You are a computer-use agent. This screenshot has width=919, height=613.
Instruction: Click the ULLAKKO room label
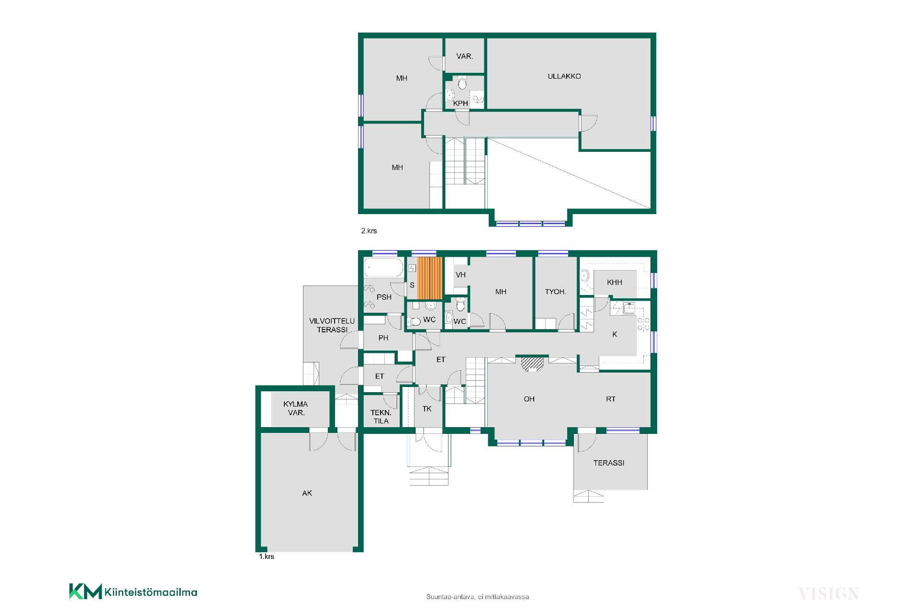(564, 76)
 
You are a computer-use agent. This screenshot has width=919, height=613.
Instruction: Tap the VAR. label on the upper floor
(465, 57)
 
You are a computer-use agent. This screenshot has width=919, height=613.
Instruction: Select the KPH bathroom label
(460, 103)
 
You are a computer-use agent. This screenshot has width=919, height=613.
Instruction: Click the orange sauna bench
(429, 278)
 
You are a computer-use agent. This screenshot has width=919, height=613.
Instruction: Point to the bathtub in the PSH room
(384, 268)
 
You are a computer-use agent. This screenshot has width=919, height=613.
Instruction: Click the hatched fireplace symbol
(532, 364)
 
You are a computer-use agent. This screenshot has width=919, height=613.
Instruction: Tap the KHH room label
(615, 283)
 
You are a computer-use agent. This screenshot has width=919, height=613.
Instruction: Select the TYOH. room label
(555, 292)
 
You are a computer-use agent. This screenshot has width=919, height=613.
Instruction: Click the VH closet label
(460, 275)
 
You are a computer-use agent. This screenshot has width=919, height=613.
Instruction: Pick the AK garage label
(307, 493)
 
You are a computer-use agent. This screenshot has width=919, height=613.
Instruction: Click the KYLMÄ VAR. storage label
(295, 409)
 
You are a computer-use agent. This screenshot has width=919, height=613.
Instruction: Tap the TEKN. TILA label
(381, 417)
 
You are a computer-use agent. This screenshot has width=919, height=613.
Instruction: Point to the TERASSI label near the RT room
(609, 463)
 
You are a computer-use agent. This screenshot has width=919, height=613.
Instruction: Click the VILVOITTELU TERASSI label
(332, 326)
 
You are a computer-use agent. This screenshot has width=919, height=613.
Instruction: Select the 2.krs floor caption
(369, 231)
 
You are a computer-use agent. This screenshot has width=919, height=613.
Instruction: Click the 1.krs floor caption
(267, 556)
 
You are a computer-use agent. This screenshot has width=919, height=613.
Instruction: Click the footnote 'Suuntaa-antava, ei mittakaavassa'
(477, 597)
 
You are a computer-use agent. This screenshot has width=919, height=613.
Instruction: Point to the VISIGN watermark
(829, 594)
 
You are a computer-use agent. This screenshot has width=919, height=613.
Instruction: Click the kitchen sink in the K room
(628, 308)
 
